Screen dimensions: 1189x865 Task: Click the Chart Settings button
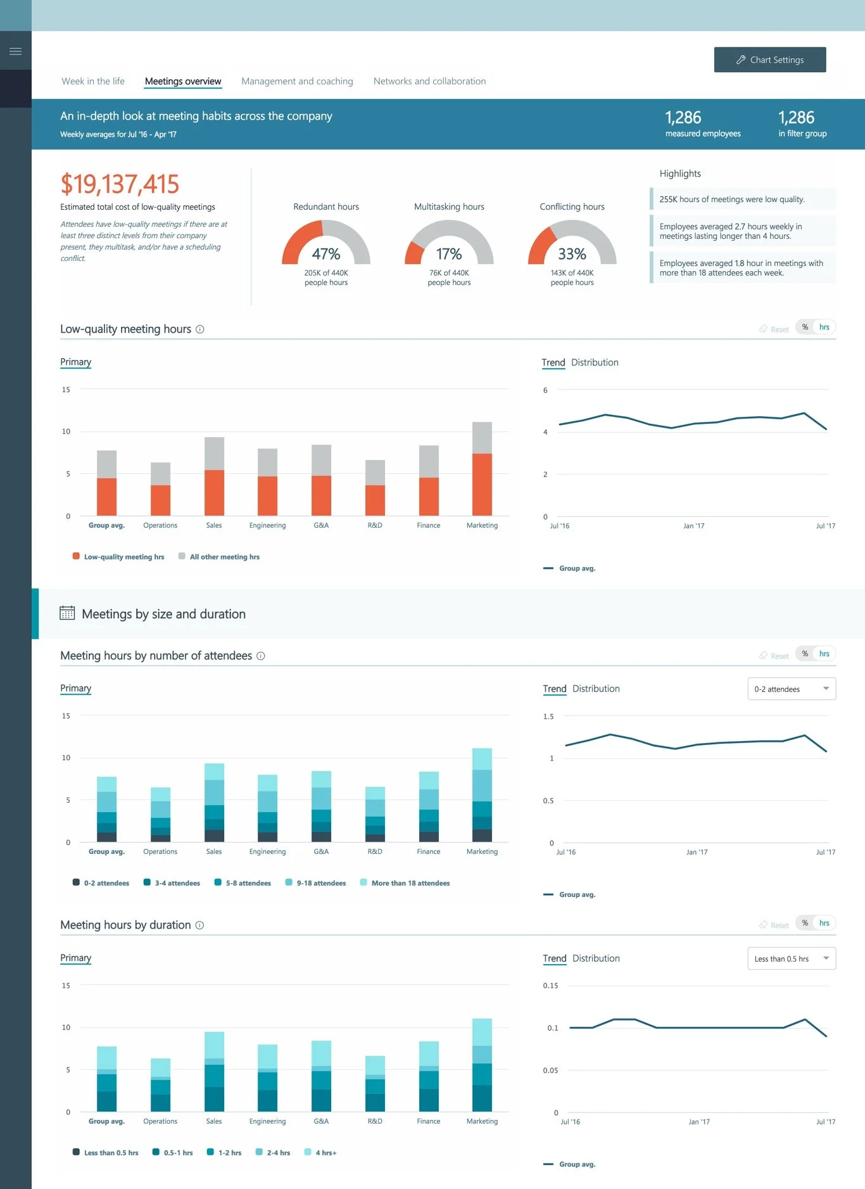(x=769, y=60)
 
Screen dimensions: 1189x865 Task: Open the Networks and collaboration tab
(x=429, y=81)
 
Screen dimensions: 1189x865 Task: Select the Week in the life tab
(x=93, y=81)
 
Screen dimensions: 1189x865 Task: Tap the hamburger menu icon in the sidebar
(x=16, y=51)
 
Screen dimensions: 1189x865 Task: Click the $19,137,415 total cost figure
(x=120, y=184)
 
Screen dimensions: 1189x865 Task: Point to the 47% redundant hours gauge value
(x=325, y=254)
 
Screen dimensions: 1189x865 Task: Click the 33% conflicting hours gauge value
(x=571, y=254)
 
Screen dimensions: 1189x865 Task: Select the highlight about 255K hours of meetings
(x=731, y=199)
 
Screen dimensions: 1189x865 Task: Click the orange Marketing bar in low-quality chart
(x=482, y=484)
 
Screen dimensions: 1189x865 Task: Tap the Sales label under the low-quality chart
(x=214, y=525)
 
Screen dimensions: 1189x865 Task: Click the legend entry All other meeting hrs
(x=224, y=557)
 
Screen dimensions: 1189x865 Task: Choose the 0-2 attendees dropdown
(x=792, y=689)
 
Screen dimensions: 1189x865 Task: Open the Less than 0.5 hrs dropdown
(x=792, y=959)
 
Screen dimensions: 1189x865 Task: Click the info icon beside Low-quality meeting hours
(x=200, y=329)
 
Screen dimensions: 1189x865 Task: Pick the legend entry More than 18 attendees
(x=410, y=883)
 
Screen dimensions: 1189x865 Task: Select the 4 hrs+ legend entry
(x=325, y=1153)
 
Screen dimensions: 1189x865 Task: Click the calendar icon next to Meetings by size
(x=67, y=613)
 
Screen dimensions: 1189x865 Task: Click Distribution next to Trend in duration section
(x=596, y=958)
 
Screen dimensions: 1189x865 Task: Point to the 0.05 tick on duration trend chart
(x=550, y=1071)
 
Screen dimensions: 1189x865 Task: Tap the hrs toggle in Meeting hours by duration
(x=824, y=923)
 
